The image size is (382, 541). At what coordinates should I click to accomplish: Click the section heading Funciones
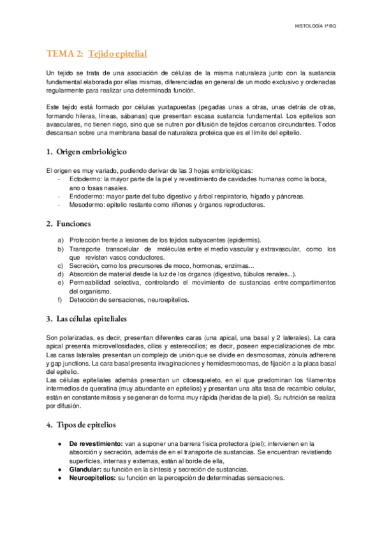click(x=73, y=223)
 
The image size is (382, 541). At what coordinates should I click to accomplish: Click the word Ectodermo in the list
click(x=85, y=181)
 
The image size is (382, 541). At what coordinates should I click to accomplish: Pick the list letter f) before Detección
click(x=61, y=299)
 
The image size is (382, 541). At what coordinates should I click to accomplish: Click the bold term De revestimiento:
click(x=96, y=443)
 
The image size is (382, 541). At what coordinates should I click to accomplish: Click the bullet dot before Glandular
click(x=59, y=469)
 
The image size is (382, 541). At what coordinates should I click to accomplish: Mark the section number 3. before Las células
click(x=49, y=318)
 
